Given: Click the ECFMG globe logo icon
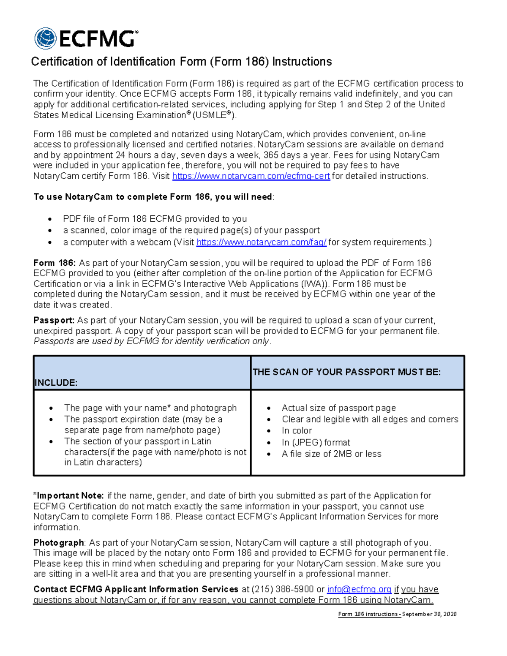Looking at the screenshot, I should (45, 38).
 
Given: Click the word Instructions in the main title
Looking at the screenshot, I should (302, 62).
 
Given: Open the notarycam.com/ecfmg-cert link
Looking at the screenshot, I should (251, 176).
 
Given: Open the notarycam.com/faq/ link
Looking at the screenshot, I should (261, 242).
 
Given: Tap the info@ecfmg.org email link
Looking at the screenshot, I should (359, 589).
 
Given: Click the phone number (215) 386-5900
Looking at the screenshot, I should (283, 589).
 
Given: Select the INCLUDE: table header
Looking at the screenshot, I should (56, 383).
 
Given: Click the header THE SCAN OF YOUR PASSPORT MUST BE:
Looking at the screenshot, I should (346, 372).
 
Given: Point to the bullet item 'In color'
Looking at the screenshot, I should (297, 431).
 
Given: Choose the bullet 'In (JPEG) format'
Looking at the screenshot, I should (316, 443).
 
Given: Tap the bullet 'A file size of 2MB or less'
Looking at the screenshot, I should (331, 454).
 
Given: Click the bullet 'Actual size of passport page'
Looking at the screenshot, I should (338, 408).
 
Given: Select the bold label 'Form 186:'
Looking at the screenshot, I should (55, 263).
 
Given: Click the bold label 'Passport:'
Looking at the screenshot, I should (54, 321).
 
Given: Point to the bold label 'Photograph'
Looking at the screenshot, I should (59, 543).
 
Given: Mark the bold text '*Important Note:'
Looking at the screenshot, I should (68, 496).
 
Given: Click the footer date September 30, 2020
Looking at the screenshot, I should (429, 614).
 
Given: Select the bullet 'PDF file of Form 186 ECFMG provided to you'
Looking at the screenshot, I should (155, 219).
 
